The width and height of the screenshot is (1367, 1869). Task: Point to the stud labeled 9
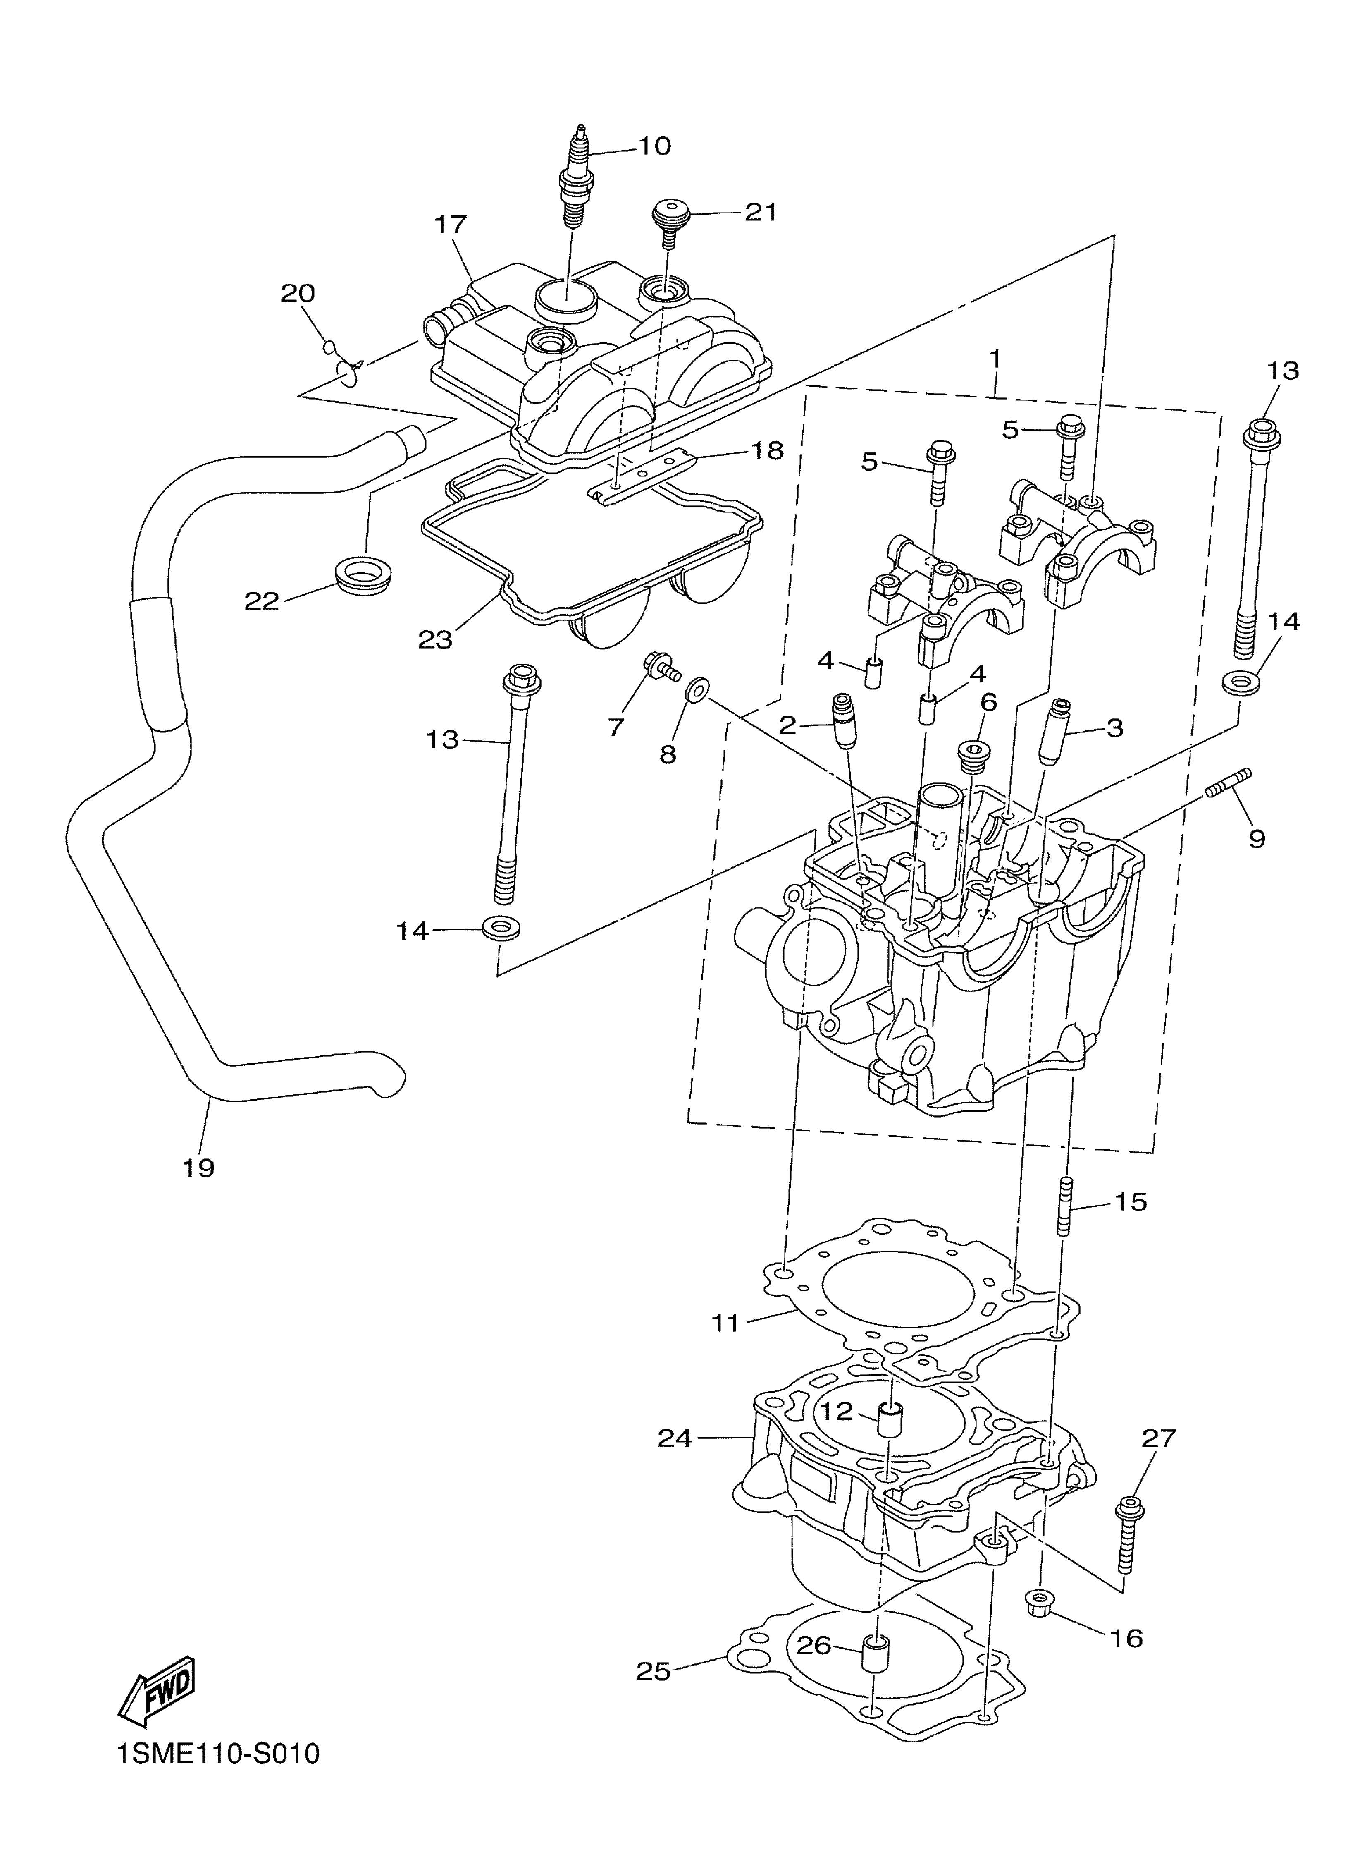pos(1227,784)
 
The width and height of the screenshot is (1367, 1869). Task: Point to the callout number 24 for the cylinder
pos(674,1438)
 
